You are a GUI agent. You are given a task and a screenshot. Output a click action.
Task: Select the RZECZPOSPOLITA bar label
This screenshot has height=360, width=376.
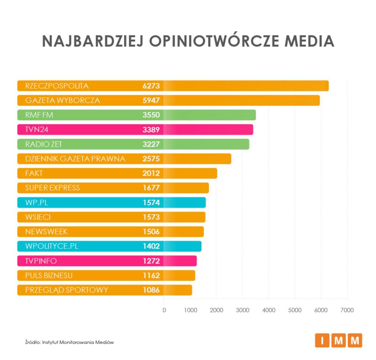point(57,86)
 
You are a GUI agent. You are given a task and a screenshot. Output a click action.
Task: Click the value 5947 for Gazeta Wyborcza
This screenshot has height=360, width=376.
point(151,101)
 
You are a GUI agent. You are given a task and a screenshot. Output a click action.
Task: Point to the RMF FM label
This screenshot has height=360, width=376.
point(39,115)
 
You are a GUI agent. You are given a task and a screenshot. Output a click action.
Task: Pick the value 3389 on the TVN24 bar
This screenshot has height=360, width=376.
point(151,130)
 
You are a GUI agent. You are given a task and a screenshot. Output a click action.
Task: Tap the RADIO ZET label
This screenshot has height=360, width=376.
point(44,144)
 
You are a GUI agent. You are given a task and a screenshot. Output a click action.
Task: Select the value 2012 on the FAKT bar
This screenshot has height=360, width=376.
point(151,173)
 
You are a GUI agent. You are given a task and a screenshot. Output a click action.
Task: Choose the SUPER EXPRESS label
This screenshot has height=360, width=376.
point(52,188)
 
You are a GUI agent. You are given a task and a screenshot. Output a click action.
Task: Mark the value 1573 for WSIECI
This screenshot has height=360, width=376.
point(151,217)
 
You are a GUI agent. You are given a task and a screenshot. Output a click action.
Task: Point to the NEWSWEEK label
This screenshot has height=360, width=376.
point(46,232)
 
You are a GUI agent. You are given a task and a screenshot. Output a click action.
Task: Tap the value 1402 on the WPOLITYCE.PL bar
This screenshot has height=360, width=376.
point(151,246)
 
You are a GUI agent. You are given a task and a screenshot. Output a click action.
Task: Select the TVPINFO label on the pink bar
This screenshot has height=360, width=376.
point(41,261)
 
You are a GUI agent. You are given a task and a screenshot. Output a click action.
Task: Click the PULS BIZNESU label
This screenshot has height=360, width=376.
point(49,276)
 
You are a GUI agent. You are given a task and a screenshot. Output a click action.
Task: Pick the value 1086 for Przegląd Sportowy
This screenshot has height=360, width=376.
point(151,290)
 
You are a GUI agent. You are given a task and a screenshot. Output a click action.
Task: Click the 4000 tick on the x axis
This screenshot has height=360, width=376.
point(269,310)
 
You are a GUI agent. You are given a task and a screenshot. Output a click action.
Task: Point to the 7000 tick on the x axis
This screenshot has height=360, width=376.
point(347,310)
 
